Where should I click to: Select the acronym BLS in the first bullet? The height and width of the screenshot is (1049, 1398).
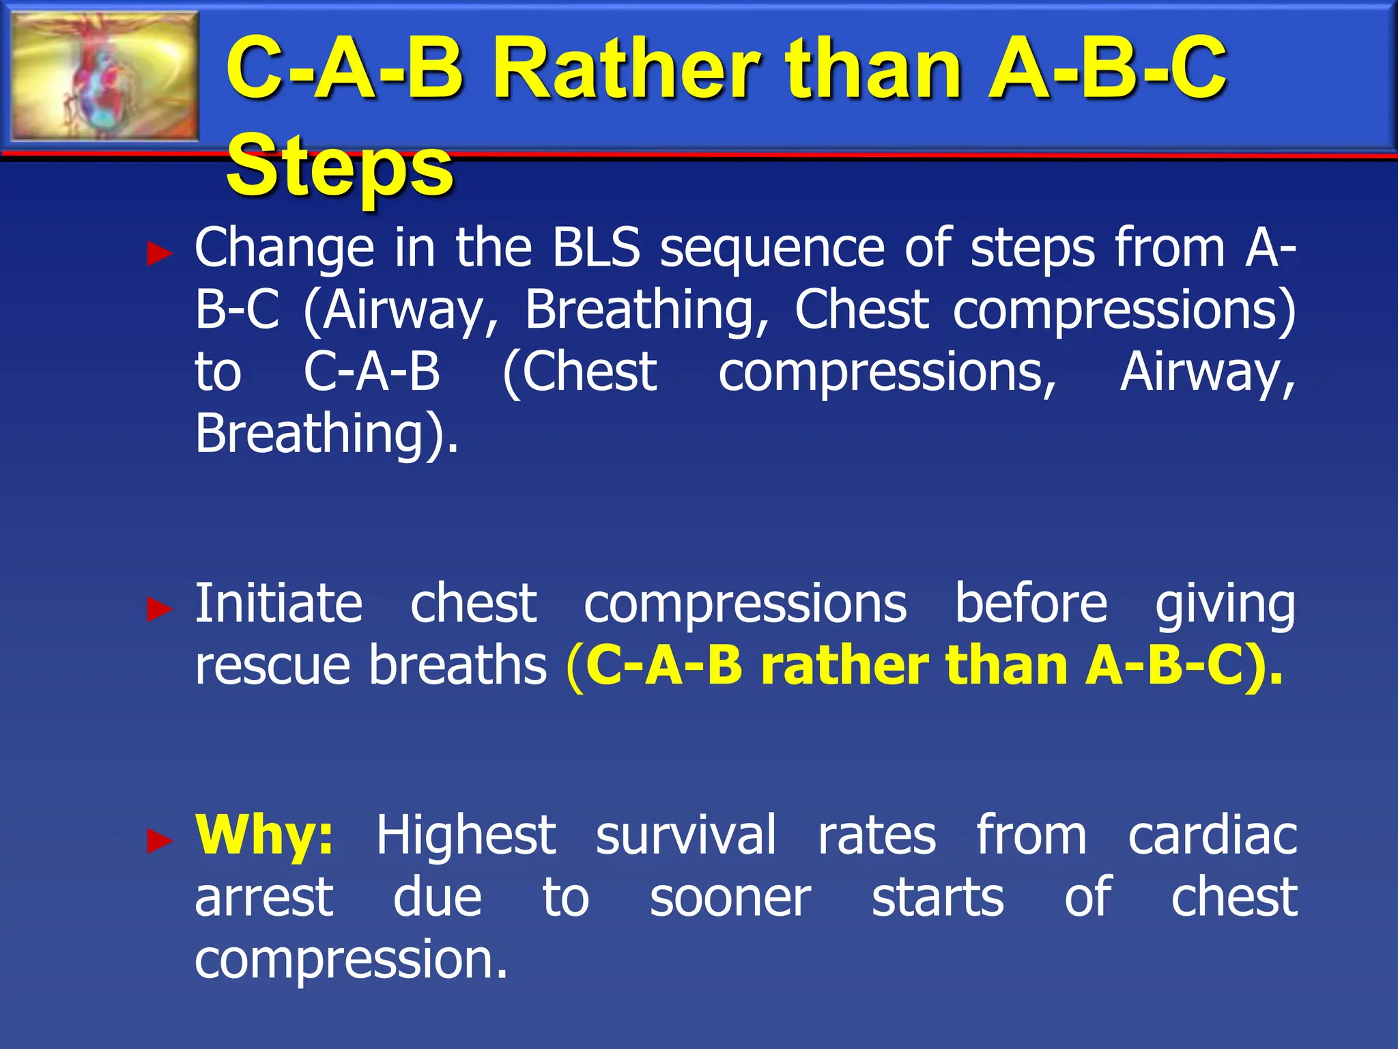pos(596,247)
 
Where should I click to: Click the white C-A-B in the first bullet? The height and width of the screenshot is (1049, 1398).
pos(372,372)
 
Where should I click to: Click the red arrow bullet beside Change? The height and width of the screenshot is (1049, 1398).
pos(160,254)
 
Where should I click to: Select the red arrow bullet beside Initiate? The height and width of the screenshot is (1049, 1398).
pos(160,609)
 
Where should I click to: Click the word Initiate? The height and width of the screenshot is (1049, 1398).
pos(279,603)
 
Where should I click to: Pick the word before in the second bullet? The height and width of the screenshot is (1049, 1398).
pos(1031,603)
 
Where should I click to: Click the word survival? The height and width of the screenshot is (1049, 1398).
pos(686,835)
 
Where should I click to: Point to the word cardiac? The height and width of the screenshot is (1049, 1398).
pos(1212,835)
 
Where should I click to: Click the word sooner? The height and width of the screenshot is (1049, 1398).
pos(730,897)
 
